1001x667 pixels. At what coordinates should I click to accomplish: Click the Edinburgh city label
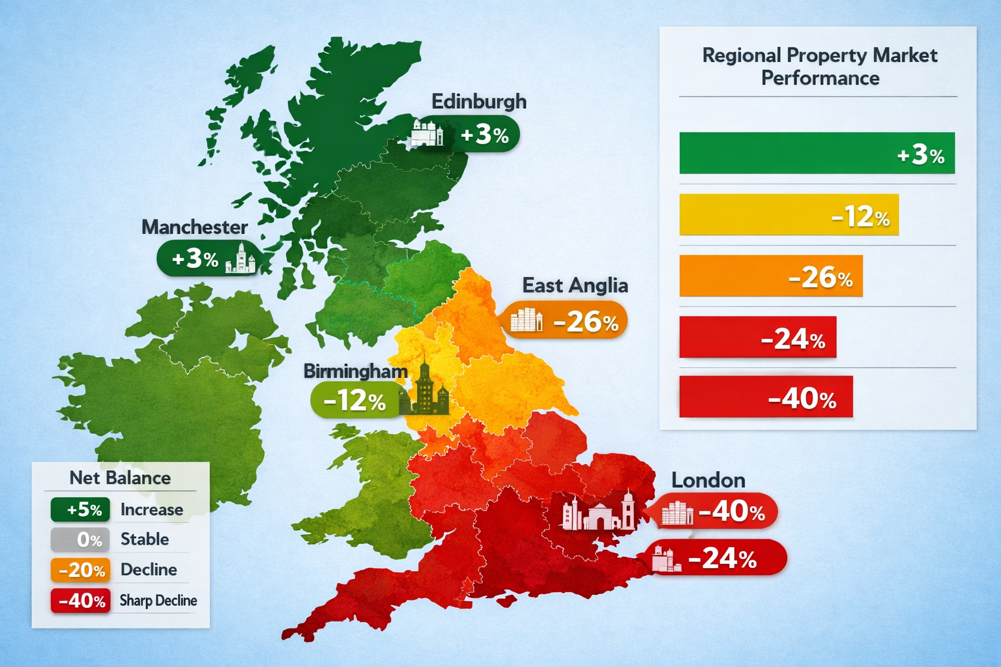pyautogui.click(x=478, y=102)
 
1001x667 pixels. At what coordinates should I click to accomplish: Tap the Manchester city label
pyautogui.click(x=194, y=227)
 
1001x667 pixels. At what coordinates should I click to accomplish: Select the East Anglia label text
pyautogui.click(x=575, y=285)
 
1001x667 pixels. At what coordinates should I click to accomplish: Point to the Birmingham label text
pyautogui.click(x=355, y=371)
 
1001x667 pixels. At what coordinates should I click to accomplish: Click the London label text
pyautogui.click(x=708, y=481)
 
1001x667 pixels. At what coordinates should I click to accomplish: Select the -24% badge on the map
pyautogui.click(x=718, y=558)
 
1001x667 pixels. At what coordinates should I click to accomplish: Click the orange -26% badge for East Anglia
pyautogui.click(x=564, y=320)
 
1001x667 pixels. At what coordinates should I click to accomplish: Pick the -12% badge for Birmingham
pyautogui.click(x=356, y=400)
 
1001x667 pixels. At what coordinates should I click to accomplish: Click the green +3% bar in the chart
pyautogui.click(x=817, y=154)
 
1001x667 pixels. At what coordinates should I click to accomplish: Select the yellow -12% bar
pyautogui.click(x=789, y=215)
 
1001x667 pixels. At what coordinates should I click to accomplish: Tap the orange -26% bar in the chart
pyautogui.click(x=770, y=276)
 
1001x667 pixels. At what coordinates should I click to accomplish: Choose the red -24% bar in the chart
pyautogui.click(x=757, y=337)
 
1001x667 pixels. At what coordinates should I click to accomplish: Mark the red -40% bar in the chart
pyautogui.click(x=766, y=397)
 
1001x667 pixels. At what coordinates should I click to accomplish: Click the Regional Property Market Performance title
pyautogui.click(x=819, y=66)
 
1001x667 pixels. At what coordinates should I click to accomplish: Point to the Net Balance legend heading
pyautogui.click(x=120, y=478)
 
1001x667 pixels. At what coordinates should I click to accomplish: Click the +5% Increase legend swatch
pyautogui.click(x=80, y=509)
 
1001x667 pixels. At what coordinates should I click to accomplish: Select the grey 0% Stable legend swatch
pyautogui.click(x=80, y=539)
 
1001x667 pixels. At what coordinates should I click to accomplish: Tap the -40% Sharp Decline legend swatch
pyautogui.click(x=80, y=600)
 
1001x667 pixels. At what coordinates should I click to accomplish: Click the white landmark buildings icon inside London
pyautogui.click(x=598, y=513)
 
